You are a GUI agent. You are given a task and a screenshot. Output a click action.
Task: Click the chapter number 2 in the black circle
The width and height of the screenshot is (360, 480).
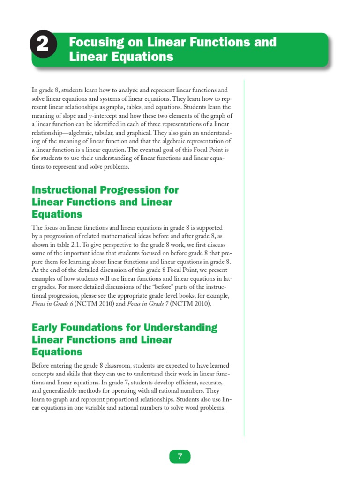[42, 45]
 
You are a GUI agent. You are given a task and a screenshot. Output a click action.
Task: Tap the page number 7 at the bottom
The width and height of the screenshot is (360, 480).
[180, 457]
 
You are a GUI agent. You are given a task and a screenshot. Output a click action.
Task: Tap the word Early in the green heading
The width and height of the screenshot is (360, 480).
[45, 327]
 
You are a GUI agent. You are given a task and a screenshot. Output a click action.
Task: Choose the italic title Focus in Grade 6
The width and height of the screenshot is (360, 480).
[55, 304]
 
